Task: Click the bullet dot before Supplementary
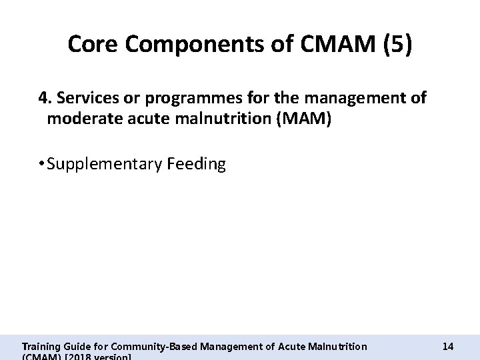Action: point(41,164)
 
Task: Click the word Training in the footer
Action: point(41,346)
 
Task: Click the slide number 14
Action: point(447,346)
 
